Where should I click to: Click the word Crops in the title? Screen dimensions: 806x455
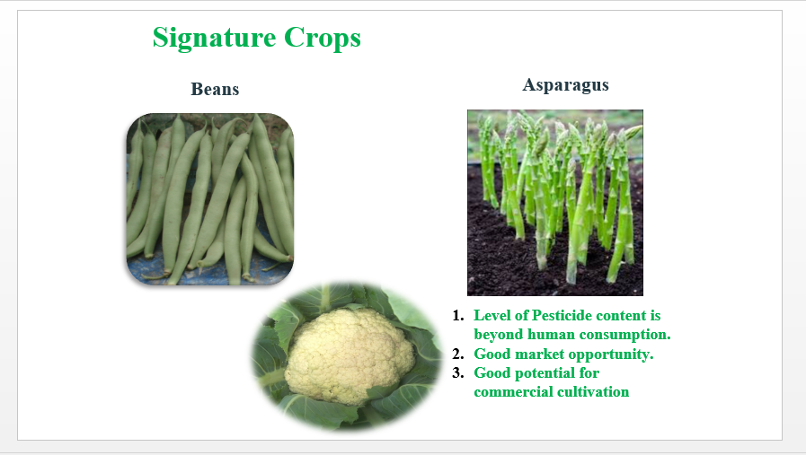[x=323, y=38]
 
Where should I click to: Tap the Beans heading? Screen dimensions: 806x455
[x=215, y=89]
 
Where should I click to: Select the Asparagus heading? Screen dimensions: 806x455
[x=565, y=85]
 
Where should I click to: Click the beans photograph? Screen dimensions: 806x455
[x=210, y=199]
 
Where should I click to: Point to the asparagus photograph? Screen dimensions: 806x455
[x=555, y=202]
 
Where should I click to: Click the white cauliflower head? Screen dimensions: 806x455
[x=349, y=354]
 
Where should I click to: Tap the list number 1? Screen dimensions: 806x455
[x=458, y=315]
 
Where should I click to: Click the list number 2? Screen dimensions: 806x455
[x=458, y=354]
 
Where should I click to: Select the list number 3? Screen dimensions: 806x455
[x=458, y=372]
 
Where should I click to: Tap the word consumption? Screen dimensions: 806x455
[x=623, y=336]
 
